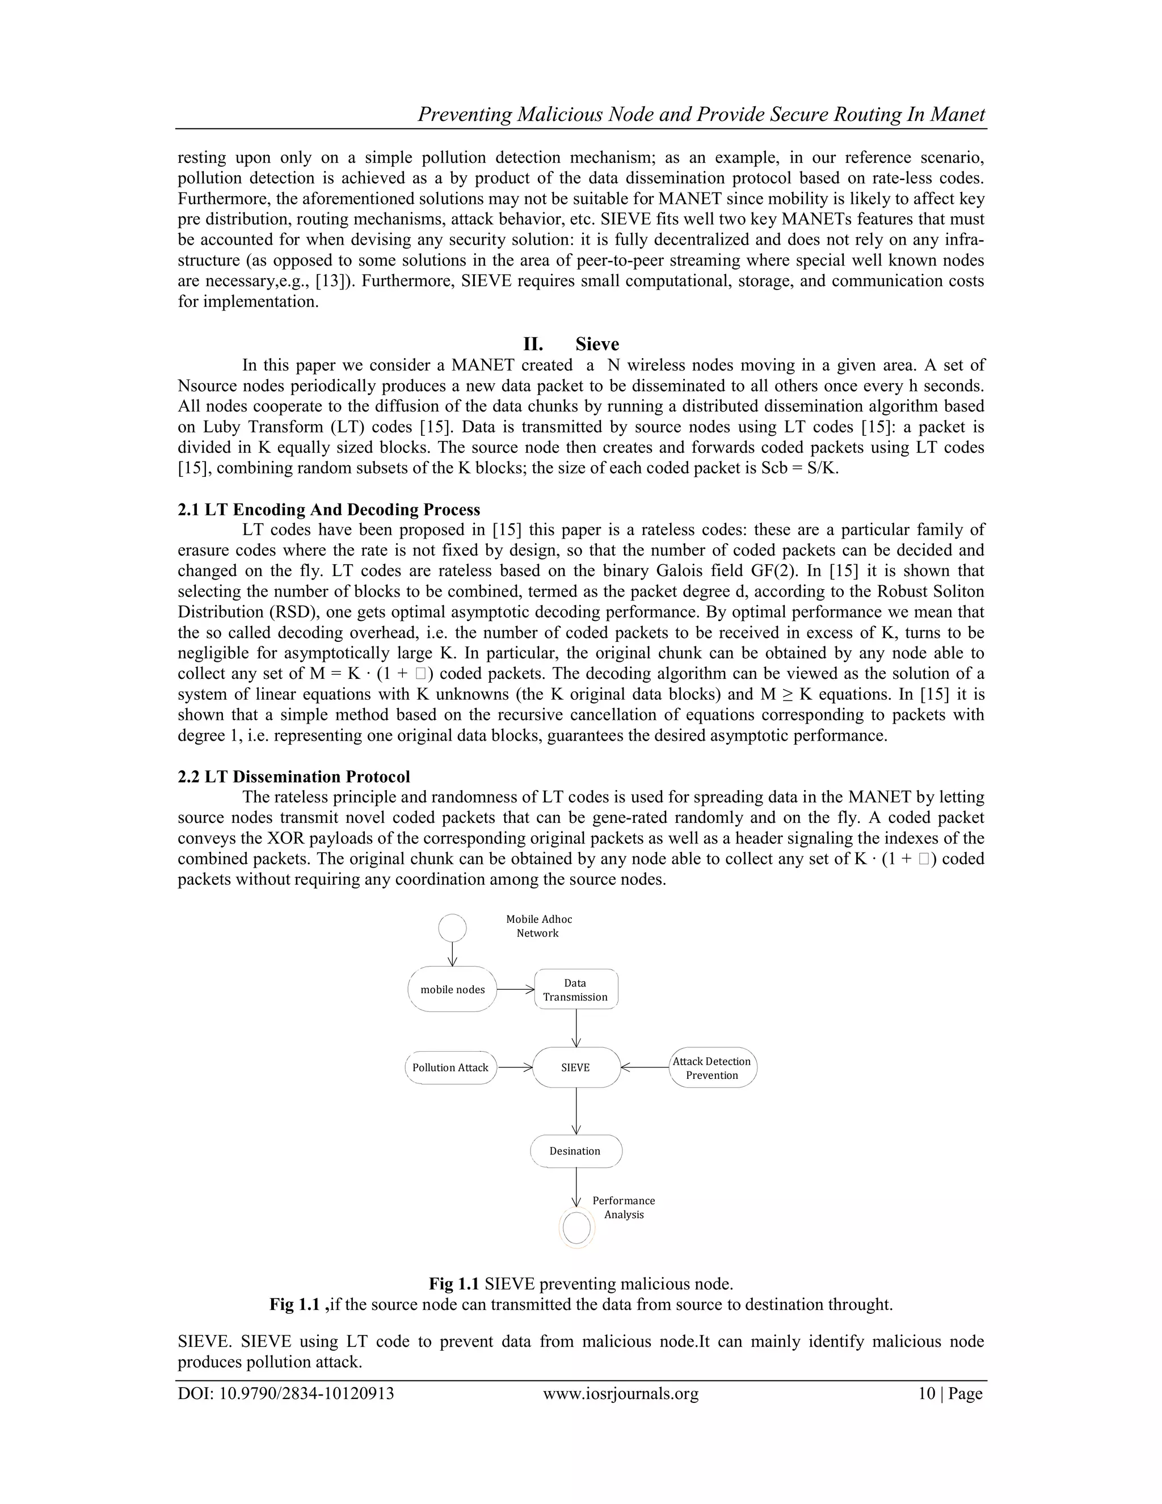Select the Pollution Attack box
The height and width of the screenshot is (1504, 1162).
450,1068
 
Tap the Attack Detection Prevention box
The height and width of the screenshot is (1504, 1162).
712,1068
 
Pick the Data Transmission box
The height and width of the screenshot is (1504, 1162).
575,990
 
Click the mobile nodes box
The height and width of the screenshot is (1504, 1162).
452,990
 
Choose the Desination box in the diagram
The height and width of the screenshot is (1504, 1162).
575,1151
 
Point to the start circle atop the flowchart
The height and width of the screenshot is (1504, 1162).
452,927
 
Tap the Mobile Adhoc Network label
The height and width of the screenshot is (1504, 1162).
538,926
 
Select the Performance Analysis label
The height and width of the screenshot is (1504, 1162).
624,1207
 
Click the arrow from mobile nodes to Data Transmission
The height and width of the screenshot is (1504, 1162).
515,990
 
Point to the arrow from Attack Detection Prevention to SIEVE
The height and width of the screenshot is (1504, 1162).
645,1068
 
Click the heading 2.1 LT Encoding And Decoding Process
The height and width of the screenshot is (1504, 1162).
329,510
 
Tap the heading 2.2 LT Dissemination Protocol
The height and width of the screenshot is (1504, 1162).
293,777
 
